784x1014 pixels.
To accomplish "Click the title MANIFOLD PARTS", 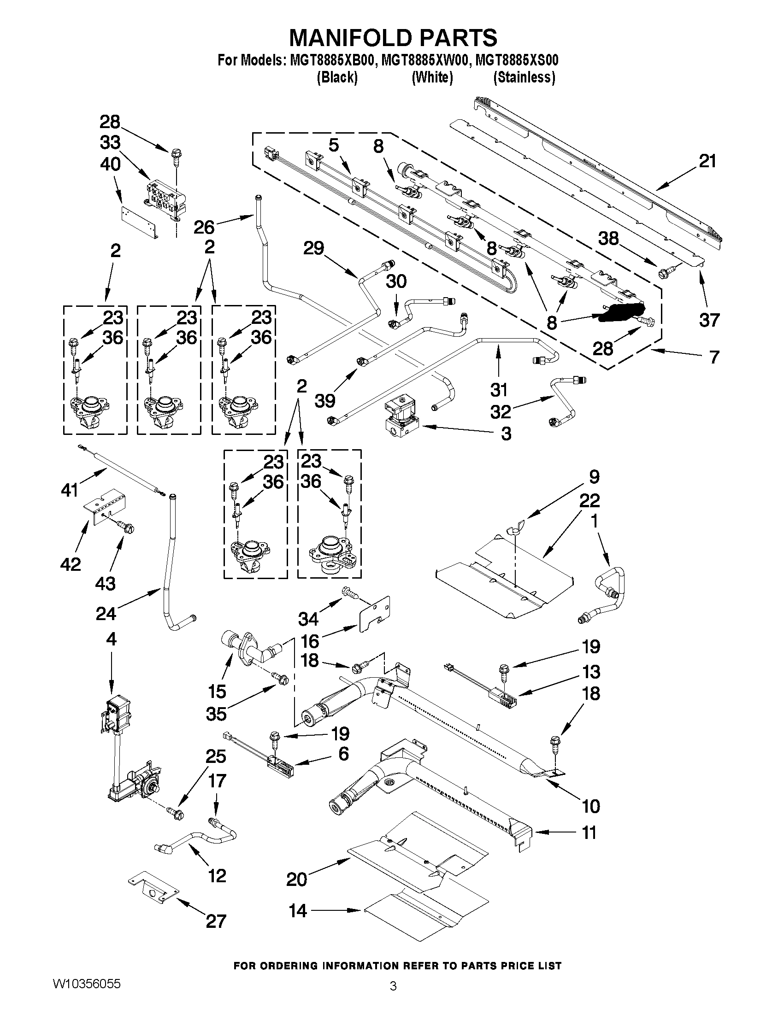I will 393,38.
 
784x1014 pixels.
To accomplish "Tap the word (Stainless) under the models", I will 524,77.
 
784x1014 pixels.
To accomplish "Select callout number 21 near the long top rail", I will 707,162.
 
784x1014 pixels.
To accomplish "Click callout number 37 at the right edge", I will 709,320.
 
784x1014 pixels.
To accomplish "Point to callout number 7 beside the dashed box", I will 714,357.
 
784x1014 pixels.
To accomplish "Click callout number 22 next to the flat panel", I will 589,500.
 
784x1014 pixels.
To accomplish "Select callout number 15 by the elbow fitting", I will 217,692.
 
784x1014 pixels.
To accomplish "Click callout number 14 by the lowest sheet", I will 298,911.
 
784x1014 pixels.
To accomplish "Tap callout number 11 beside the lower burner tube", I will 589,833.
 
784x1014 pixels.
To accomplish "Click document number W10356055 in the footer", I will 87,983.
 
